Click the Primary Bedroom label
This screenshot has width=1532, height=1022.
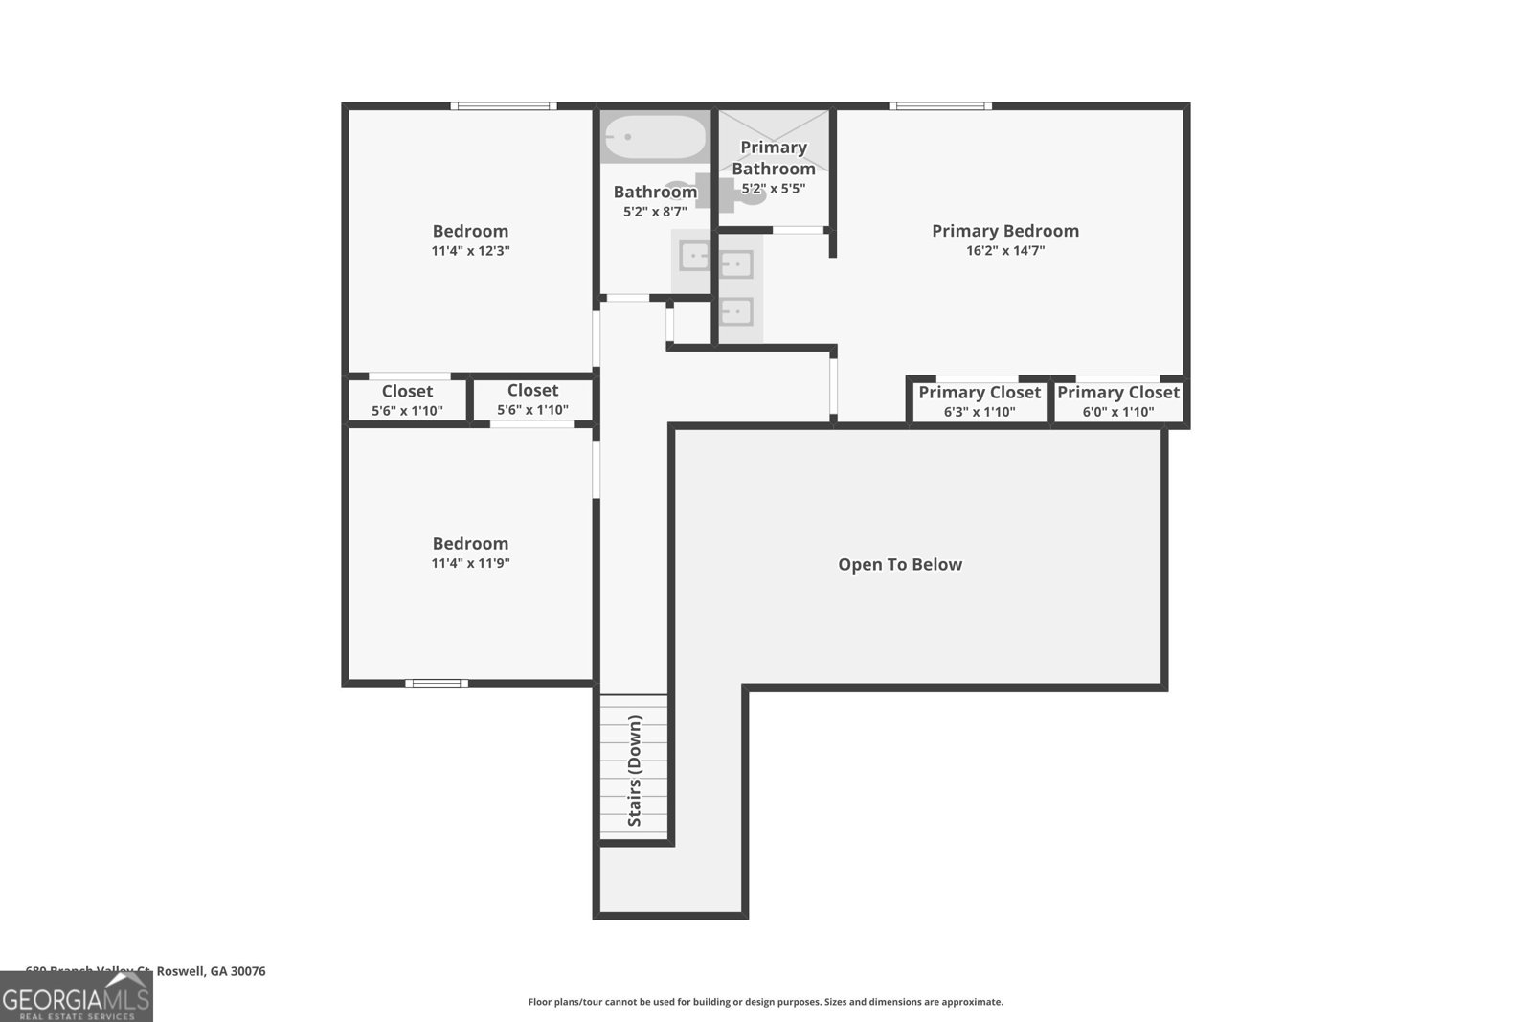[x=1004, y=231]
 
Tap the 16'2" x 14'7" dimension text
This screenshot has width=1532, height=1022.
[x=1004, y=251]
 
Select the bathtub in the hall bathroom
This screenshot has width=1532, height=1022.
[x=656, y=138]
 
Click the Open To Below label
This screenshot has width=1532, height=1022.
[x=899, y=565]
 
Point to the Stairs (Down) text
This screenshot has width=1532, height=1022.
[x=635, y=771]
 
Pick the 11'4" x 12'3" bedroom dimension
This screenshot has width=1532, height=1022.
[x=470, y=251]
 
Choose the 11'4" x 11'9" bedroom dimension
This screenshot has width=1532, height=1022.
[x=470, y=564]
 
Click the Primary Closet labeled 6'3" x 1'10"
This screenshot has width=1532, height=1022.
[x=979, y=401]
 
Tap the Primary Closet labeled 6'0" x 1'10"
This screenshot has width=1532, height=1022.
[x=1117, y=401]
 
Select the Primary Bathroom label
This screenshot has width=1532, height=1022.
[x=773, y=158]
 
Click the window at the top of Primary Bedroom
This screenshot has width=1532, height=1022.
[x=940, y=106]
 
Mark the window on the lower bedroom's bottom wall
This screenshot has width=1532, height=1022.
[x=437, y=683]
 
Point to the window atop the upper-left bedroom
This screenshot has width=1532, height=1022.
[x=504, y=106]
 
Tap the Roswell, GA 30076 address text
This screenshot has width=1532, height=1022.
[x=211, y=971]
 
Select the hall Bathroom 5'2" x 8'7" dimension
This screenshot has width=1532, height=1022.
[x=655, y=212]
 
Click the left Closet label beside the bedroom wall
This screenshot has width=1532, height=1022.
[x=407, y=391]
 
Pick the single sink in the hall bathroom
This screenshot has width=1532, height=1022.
[x=693, y=257]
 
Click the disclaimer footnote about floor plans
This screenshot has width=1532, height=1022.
[x=765, y=1002]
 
